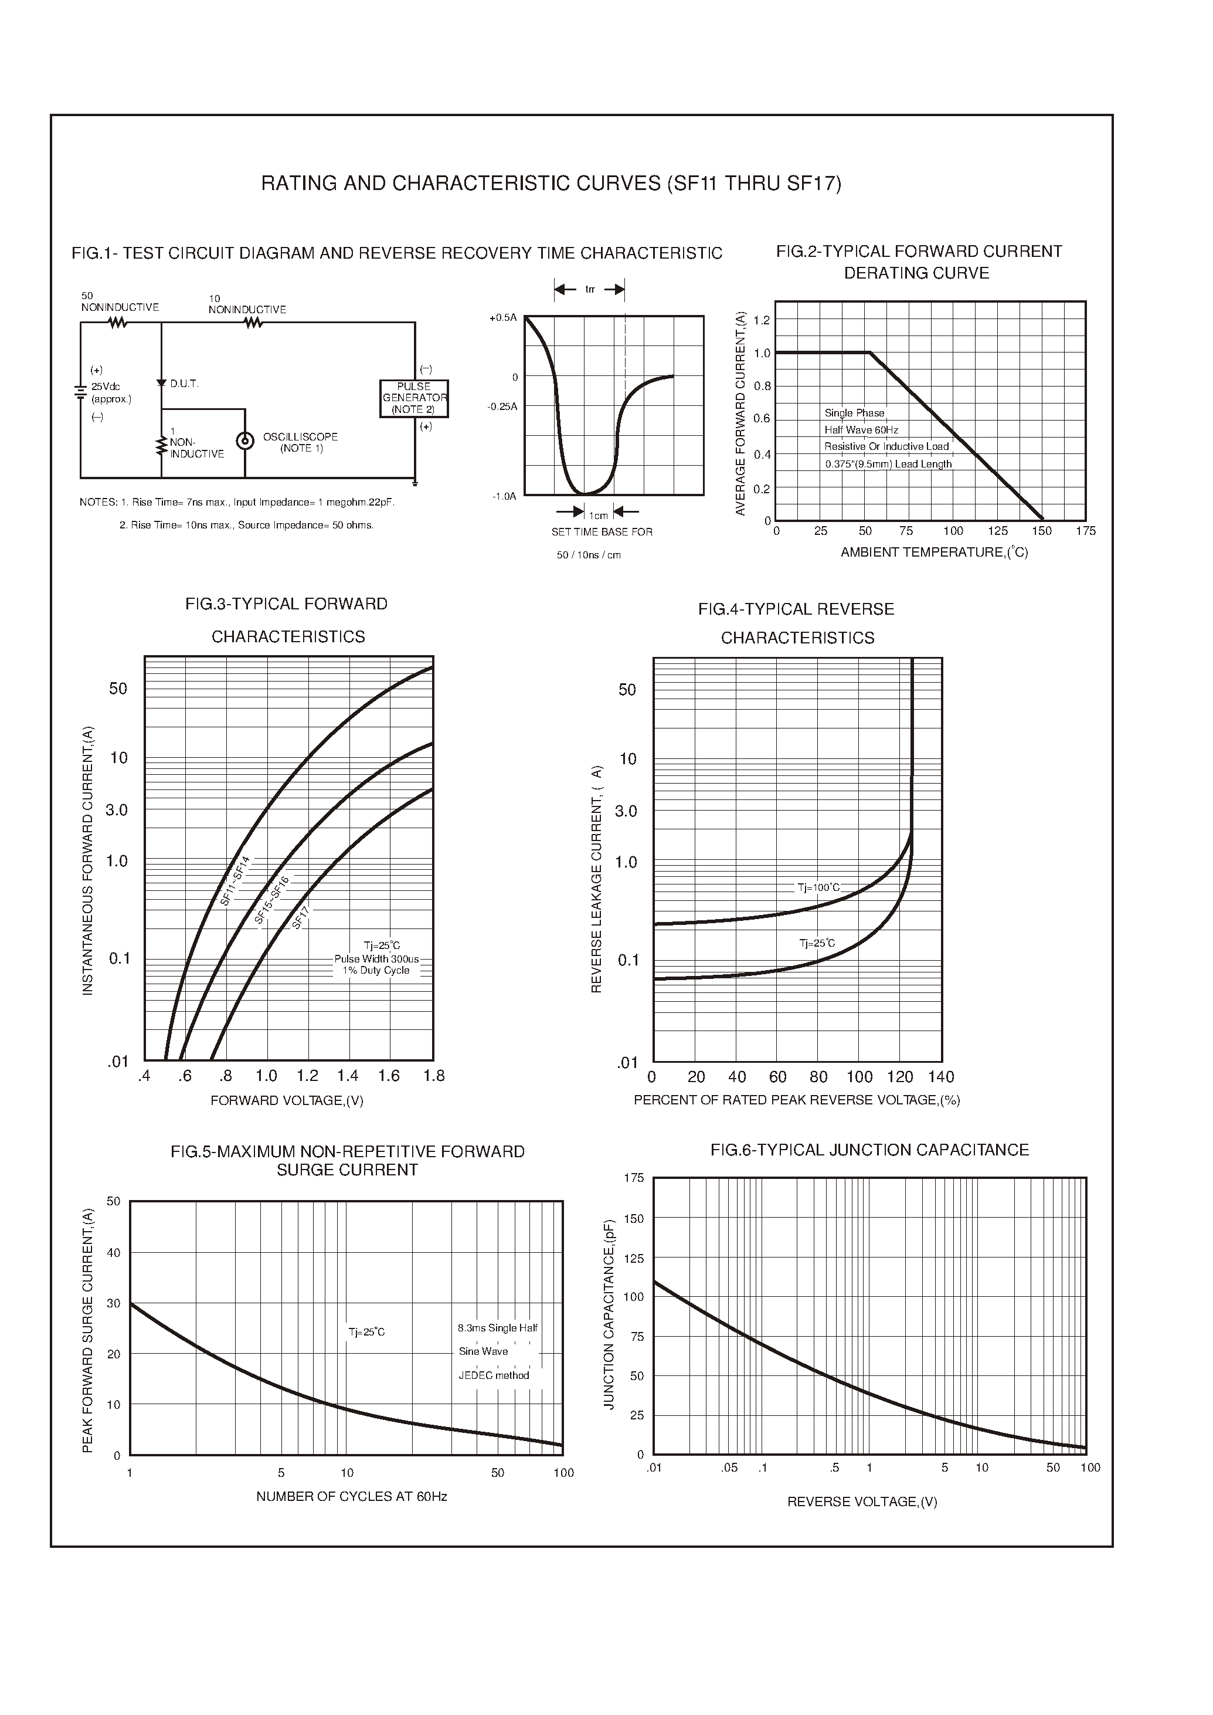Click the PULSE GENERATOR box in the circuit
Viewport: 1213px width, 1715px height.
pos(414,398)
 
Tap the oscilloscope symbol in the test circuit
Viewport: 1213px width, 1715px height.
pos(244,441)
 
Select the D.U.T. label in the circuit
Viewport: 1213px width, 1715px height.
pos(184,384)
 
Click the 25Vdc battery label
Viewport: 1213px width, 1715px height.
pos(106,387)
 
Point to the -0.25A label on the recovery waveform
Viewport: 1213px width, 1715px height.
pos(502,406)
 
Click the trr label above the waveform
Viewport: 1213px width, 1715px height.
pos(589,290)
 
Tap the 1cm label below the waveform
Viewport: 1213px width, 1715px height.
pos(598,516)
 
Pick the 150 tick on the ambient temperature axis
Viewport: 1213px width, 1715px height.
pos(1041,531)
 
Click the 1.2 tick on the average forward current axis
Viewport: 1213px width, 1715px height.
pos(761,321)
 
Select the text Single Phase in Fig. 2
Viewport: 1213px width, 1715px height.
pos(854,412)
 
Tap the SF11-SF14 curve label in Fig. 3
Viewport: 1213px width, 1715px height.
pos(235,881)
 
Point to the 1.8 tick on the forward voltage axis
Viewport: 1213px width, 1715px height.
pos(433,1076)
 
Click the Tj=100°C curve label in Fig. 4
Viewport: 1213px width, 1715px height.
pos(818,888)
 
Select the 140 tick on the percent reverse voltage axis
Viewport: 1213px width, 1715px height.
pos(941,1077)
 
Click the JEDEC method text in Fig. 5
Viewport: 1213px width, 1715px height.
pos(494,1375)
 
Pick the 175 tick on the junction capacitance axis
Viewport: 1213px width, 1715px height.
pos(633,1178)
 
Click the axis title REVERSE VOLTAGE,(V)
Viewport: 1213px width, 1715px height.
pos(862,1502)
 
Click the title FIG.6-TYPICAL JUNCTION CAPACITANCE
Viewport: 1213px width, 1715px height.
pos(869,1150)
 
